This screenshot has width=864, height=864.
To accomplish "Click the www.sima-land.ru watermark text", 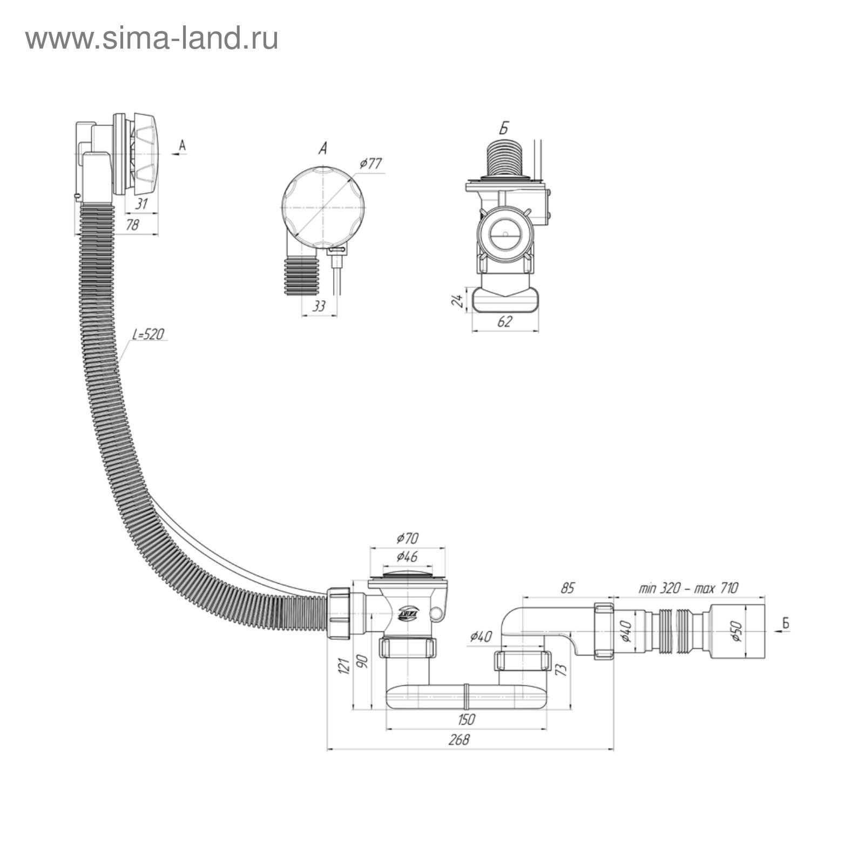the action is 152,39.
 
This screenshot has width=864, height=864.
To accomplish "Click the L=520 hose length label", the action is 148,334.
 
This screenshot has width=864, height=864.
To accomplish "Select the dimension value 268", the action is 459,739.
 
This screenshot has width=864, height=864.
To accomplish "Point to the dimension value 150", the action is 466,719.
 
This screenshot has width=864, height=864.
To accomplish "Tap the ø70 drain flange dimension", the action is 407,538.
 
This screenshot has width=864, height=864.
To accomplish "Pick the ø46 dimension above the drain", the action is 407,556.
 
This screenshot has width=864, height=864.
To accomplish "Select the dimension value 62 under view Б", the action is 504,321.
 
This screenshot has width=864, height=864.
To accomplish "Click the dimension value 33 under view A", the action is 319,306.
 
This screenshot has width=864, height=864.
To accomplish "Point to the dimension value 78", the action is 132,225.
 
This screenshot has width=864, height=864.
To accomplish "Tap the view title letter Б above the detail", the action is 504,129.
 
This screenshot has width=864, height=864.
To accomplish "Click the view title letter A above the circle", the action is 322,148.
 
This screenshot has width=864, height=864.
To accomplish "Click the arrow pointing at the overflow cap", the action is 180,154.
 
